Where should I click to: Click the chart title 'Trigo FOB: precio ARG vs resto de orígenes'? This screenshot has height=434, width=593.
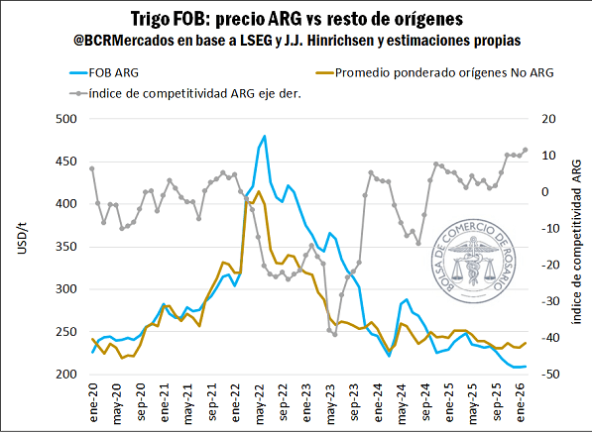[x=296, y=18]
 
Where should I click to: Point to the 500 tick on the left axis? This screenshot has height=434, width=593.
[x=67, y=119]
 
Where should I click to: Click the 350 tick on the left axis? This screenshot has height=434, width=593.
[x=67, y=247]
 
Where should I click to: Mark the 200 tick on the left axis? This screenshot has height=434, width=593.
[x=67, y=375]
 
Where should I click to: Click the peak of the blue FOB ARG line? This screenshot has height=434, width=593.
[x=264, y=137]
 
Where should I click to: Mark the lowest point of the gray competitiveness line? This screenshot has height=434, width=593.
[x=335, y=334]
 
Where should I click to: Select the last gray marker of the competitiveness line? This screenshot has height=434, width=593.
[x=525, y=151]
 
